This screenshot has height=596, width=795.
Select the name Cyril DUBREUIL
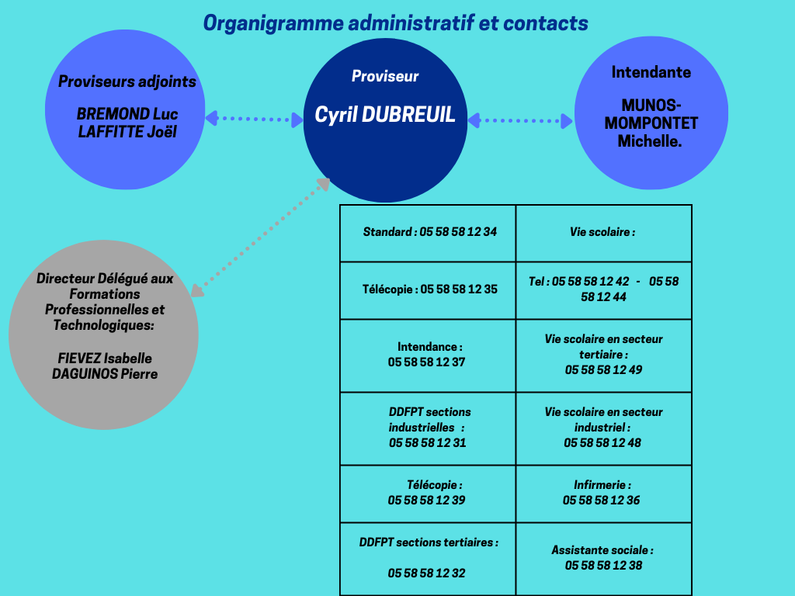[385, 116]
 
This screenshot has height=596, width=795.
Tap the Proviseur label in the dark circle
[385, 76]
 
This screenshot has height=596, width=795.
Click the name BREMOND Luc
[127, 115]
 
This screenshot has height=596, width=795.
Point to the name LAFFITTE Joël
[127, 132]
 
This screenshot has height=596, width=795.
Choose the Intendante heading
[651, 72]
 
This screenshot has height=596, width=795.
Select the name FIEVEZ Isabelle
[105, 359]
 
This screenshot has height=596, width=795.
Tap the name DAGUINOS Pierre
[105, 374]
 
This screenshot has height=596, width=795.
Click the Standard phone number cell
[429, 232]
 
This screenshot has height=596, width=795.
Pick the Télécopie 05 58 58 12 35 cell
[429, 289]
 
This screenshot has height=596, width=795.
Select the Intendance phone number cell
[429, 355]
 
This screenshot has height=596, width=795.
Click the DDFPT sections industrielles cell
[429, 428]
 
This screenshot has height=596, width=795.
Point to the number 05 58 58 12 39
[427, 501]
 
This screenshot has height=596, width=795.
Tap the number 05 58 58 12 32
[427, 573]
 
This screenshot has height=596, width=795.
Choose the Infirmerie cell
[602, 493]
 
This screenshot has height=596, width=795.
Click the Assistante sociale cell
[603, 558]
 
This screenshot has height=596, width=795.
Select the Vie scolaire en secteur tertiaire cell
[603, 355]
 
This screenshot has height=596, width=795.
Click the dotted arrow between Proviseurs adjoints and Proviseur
[254, 119]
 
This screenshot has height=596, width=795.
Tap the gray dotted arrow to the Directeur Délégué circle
[260, 237]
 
